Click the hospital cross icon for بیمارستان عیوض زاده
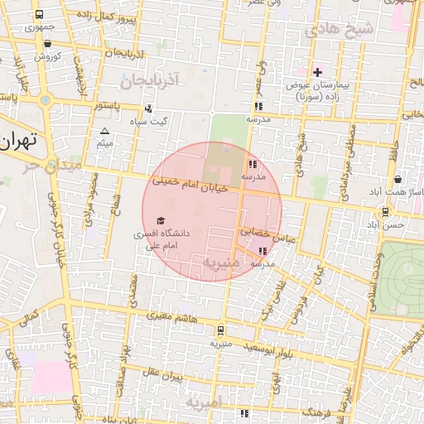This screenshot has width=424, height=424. (x=317, y=72)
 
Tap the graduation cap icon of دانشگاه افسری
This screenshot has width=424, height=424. (x=160, y=220)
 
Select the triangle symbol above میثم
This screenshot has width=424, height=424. (x=104, y=132)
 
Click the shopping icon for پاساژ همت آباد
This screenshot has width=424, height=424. (x=398, y=179)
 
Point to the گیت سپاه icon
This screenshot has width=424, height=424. (x=148, y=108)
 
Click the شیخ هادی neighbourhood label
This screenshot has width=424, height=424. (x=340, y=31)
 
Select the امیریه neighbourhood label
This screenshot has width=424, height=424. (x=204, y=403)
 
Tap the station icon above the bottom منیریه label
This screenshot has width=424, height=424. (x=219, y=329)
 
